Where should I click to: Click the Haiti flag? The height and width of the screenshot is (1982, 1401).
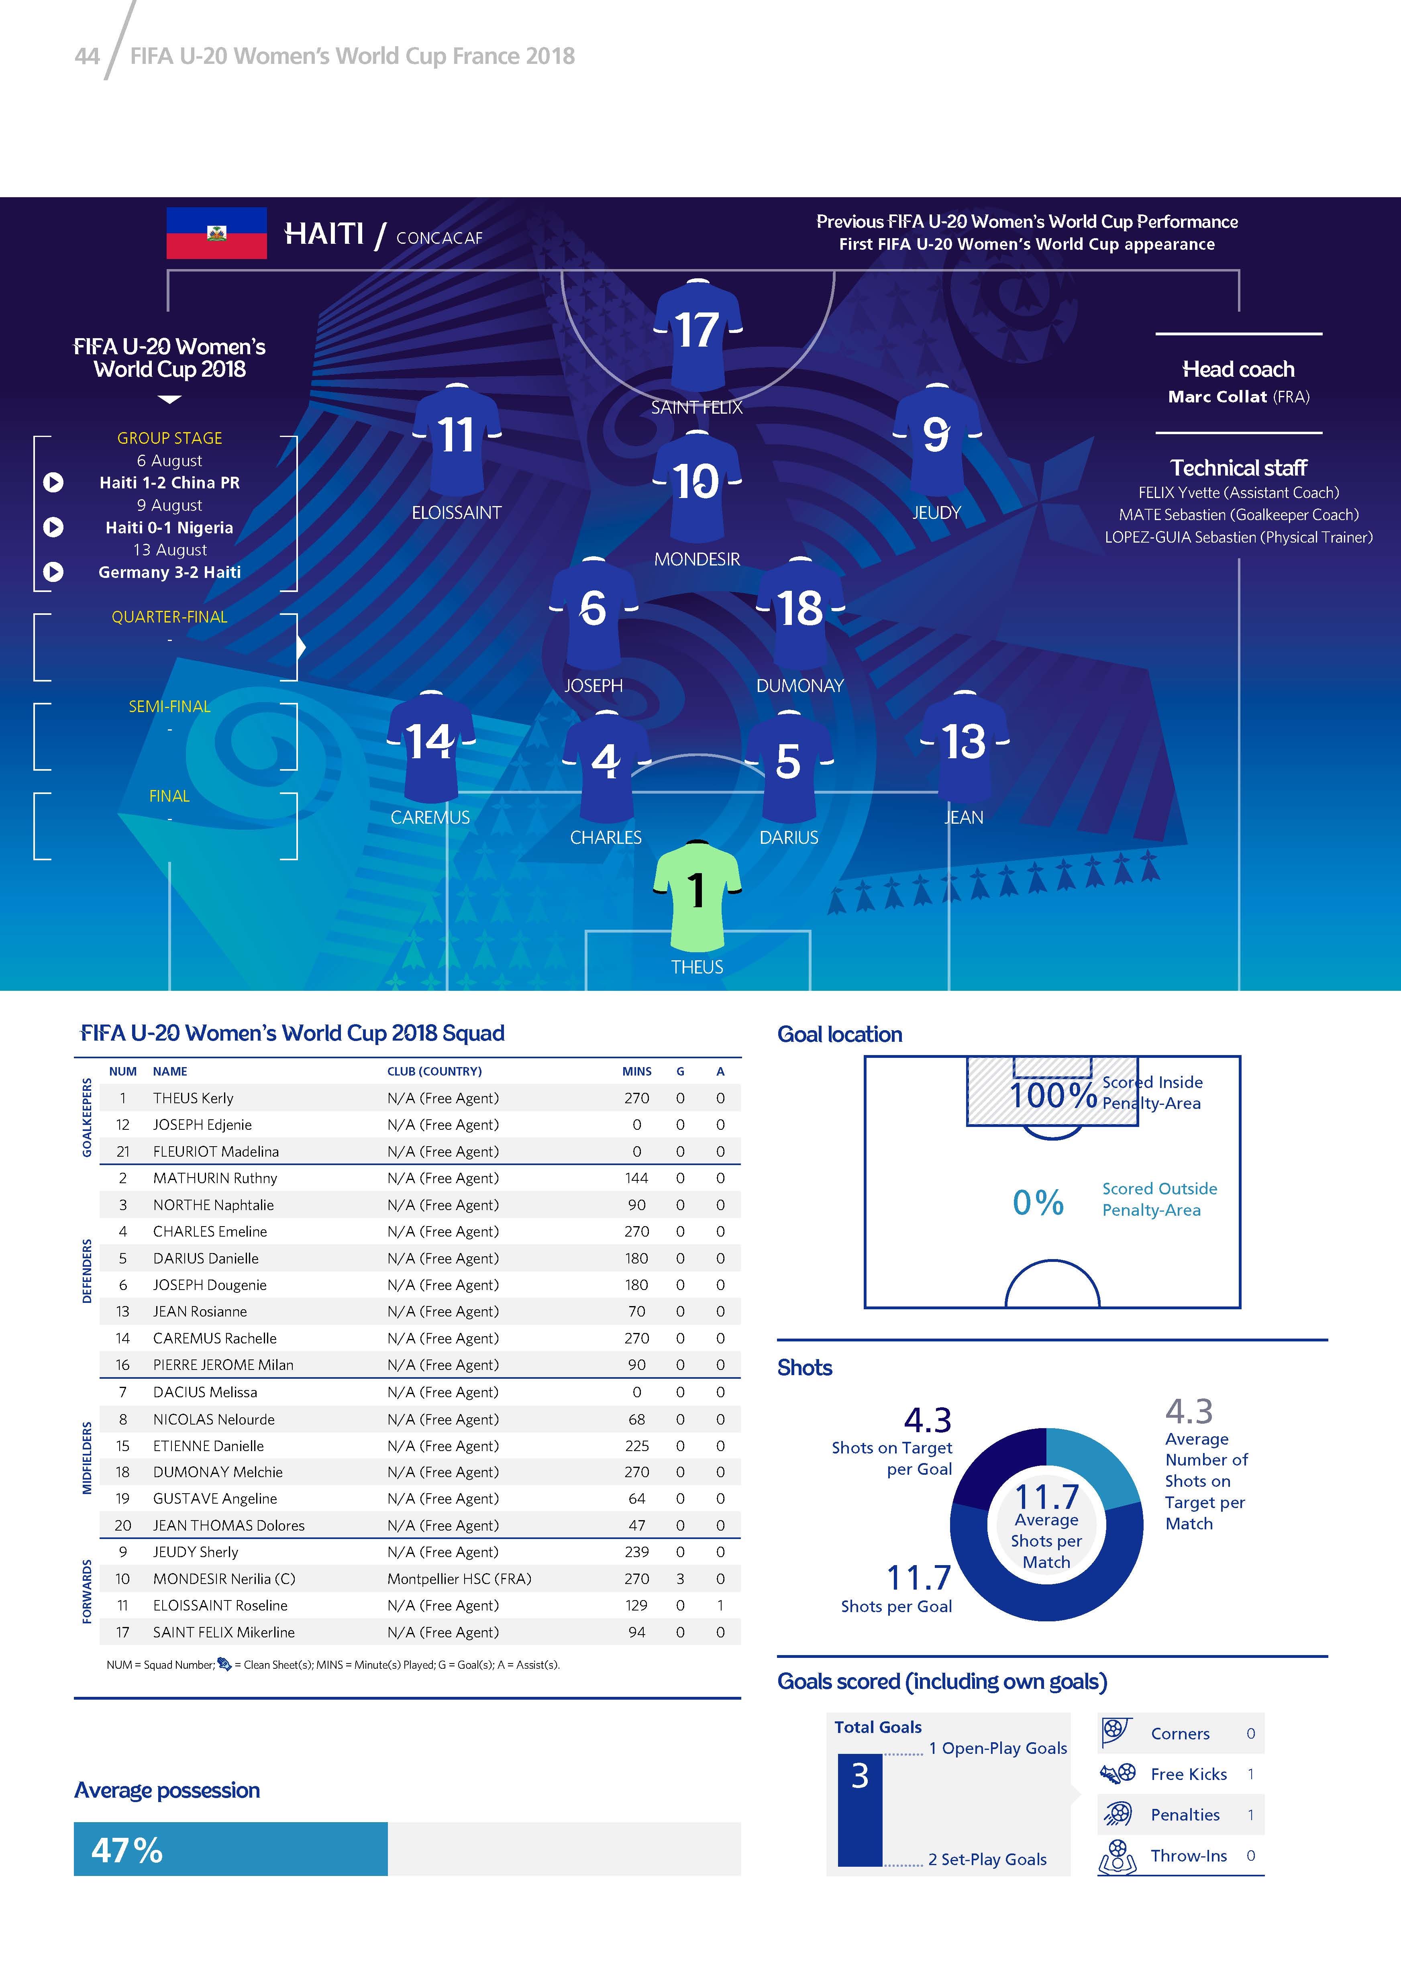point(217,233)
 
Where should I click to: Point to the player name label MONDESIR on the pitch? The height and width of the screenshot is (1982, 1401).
point(697,559)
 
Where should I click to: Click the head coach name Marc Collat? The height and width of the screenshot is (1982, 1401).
point(1217,397)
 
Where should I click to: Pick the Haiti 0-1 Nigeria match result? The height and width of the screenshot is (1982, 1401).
point(169,527)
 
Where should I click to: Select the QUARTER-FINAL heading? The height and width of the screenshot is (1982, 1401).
point(169,617)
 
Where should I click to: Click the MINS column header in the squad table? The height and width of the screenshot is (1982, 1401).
point(637,1071)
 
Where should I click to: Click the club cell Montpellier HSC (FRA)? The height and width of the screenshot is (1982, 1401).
point(459,1579)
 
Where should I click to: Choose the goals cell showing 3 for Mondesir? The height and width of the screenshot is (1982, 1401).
point(680,1579)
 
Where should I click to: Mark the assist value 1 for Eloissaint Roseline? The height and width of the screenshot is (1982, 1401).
point(720,1606)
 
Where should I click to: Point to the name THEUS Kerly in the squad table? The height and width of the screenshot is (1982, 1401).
point(194,1098)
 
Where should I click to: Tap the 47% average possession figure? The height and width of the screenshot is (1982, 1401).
point(127,1850)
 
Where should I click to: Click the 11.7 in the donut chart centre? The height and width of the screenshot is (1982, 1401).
point(1046,1496)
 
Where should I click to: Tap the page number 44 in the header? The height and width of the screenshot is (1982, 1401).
point(87,56)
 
